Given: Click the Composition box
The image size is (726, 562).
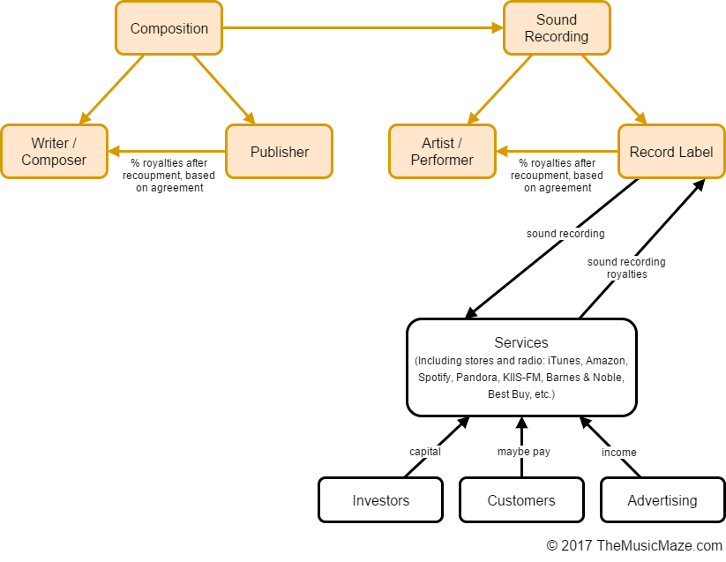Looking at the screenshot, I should click(x=168, y=28).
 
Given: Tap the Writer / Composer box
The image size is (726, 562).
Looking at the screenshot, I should click(x=54, y=152).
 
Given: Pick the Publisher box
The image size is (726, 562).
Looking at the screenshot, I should click(x=279, y=152).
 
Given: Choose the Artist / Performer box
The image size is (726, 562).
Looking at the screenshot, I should click(x=442, y=152).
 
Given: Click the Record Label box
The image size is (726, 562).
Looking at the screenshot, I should click(x=670, y=152).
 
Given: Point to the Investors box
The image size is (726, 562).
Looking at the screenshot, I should click(x=380, y=500).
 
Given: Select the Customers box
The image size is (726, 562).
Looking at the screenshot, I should click(x=521, y=500).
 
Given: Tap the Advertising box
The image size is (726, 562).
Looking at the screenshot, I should click(x=662, y=500).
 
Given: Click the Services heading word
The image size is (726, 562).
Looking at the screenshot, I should click(x=521, y=342).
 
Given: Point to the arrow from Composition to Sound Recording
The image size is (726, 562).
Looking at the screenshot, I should click(x=362, y=28).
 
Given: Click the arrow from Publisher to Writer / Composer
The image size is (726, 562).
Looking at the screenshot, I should click(x=167, y=151).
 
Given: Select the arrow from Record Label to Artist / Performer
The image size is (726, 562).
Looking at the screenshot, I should click(x=556, y=151).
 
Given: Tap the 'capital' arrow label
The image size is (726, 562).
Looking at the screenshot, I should click(x=424, y=452).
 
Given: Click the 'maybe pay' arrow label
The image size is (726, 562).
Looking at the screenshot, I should click(x=524, y=452).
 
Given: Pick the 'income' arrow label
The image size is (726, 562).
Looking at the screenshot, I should click(x=618, y=452).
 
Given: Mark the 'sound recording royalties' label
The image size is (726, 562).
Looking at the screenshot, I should click(x=626, y=268).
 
